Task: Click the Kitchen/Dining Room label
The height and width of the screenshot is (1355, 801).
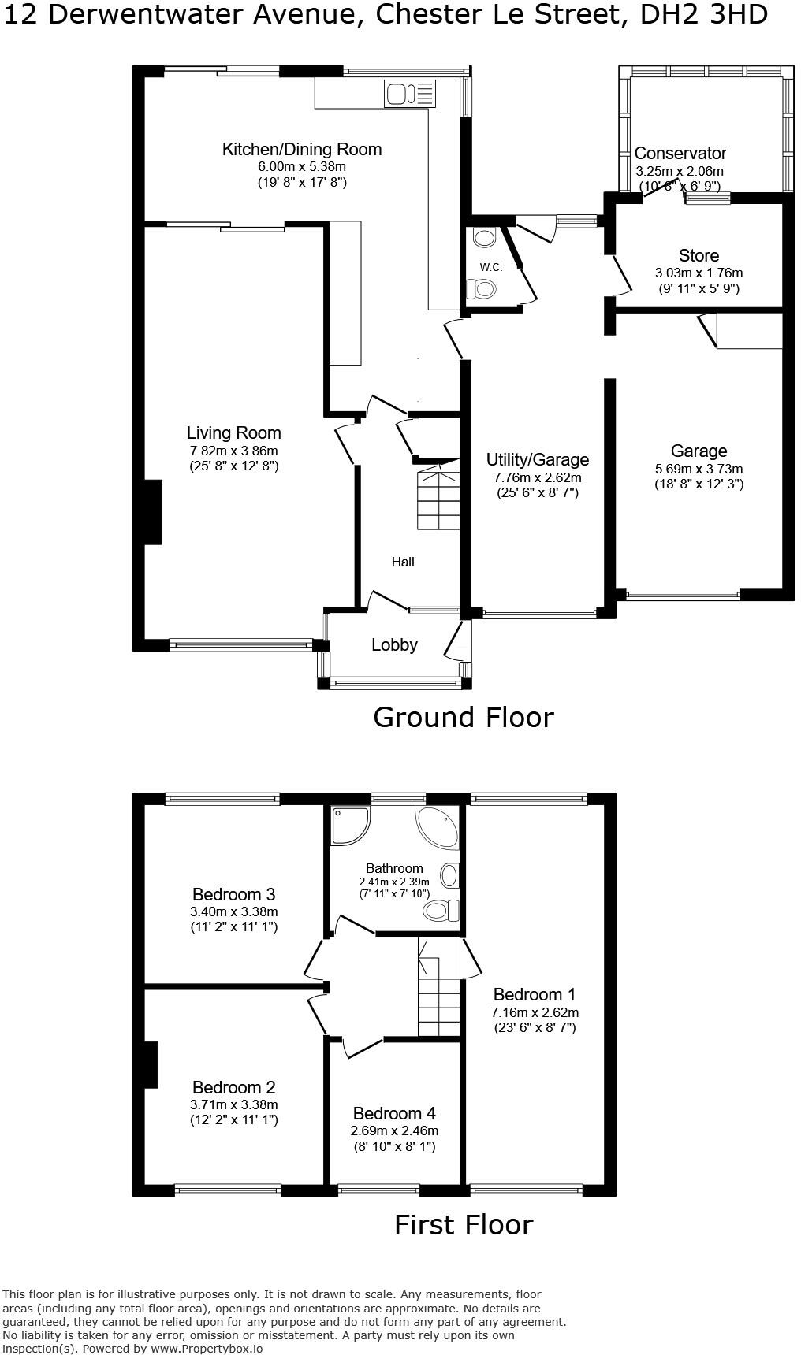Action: [301, 149]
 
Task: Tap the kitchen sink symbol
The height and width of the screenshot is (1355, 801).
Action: [409, 95]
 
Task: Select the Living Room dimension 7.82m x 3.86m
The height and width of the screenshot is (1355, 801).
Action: [233, 451]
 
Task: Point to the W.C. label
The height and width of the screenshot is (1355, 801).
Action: [490, 267]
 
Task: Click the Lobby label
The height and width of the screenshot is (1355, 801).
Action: [394, 644]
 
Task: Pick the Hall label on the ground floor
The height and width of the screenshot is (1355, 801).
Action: [403, 562]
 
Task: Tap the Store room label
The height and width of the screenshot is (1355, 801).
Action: [699, 255]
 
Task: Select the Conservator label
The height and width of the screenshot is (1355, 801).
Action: [680, 153]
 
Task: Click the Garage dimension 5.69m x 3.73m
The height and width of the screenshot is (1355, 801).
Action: [699, 469]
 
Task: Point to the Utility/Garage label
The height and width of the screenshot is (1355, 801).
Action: [537, 459]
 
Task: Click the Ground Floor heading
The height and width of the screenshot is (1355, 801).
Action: [463, 717]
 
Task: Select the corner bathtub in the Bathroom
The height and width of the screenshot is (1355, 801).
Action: [438, 827]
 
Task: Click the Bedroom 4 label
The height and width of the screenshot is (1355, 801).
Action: [394, 1113]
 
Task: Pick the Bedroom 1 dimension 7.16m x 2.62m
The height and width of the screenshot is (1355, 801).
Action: [535, 1012]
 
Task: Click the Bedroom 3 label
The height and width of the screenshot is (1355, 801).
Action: [233, 894]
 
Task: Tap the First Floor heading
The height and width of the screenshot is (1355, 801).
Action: [463, 1224]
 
